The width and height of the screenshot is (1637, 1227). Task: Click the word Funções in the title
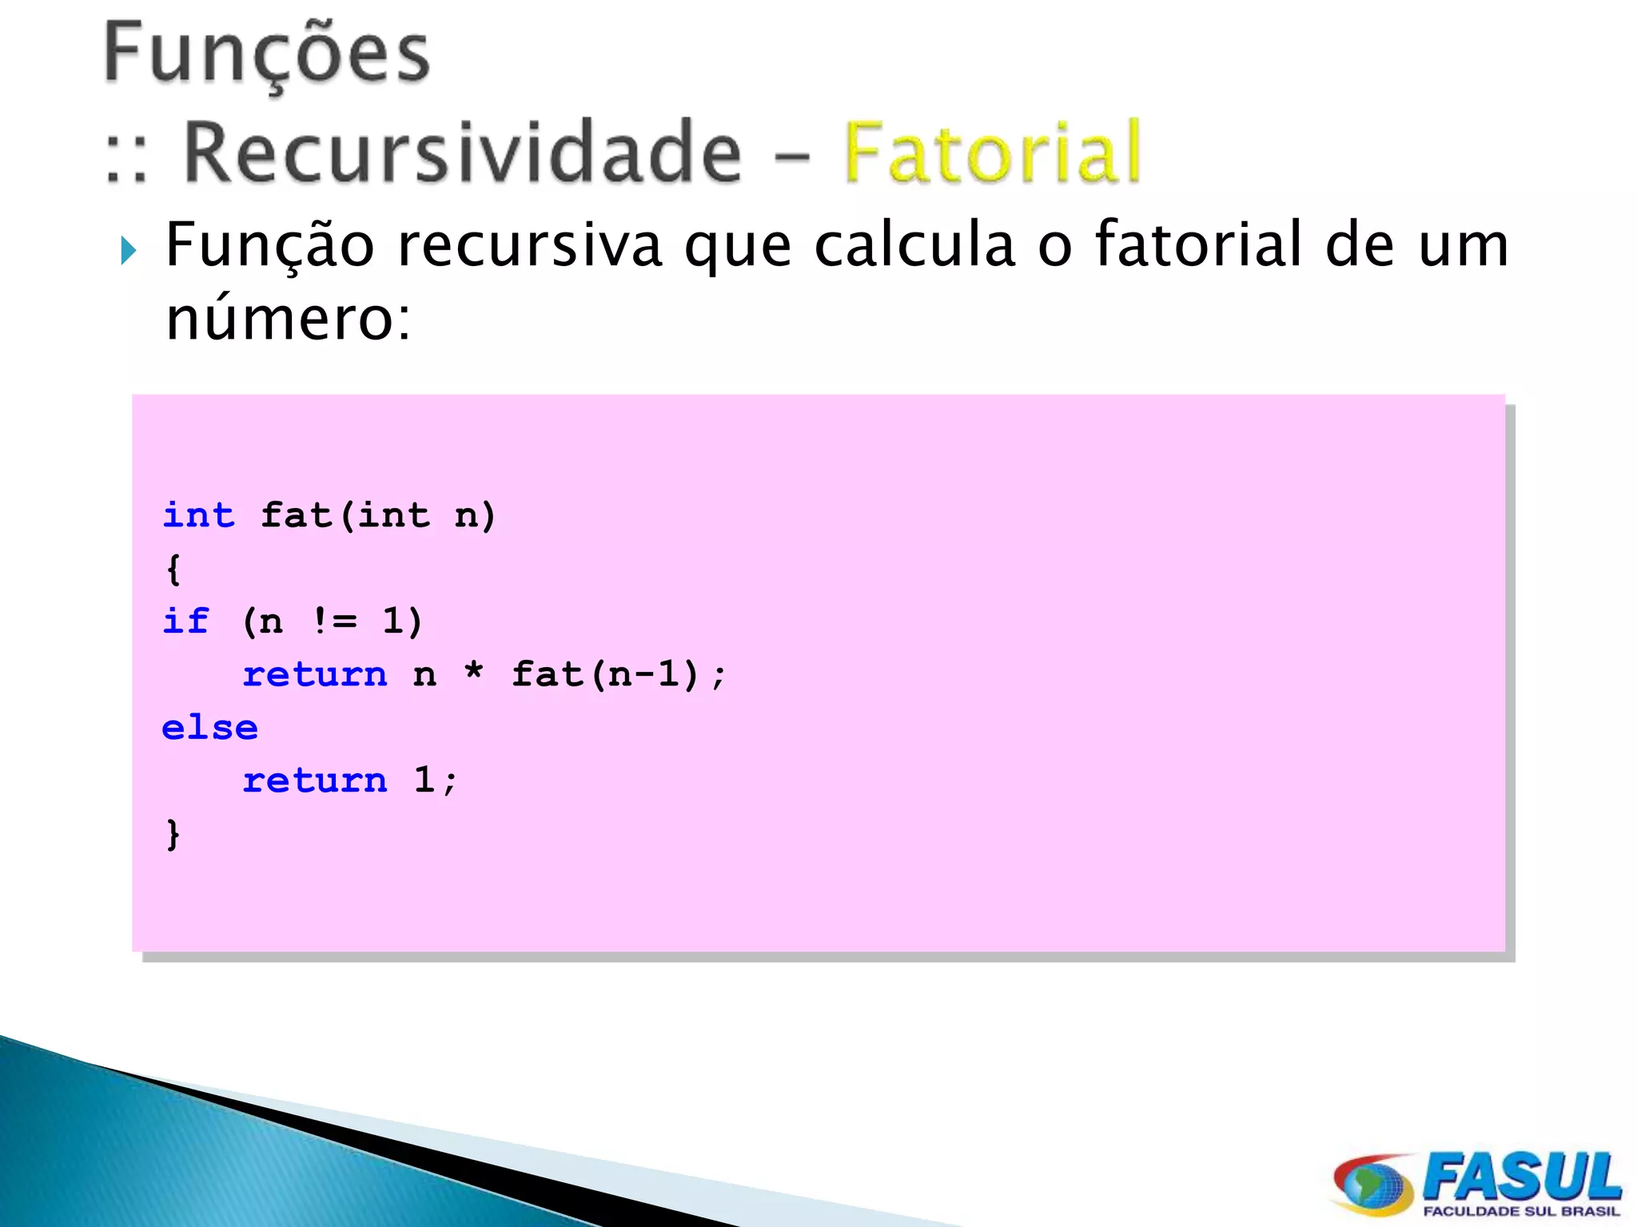267,54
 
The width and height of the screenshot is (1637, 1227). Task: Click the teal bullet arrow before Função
128,251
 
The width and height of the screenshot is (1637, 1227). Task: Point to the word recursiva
529,245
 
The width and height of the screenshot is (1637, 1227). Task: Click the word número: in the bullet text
288,318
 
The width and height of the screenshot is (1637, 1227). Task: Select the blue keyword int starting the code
198,515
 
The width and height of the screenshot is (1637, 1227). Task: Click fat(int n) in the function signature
378,516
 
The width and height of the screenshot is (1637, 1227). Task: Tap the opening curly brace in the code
173,569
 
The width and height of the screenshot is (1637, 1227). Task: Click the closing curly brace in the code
173,834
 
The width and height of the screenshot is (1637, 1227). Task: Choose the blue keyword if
185,621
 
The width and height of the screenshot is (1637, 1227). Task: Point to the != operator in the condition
334,621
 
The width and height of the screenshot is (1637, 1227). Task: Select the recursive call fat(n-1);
619,674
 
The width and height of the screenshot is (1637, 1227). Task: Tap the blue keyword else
209,728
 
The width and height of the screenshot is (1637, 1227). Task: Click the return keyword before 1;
315,780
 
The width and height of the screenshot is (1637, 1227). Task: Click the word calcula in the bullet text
914,245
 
